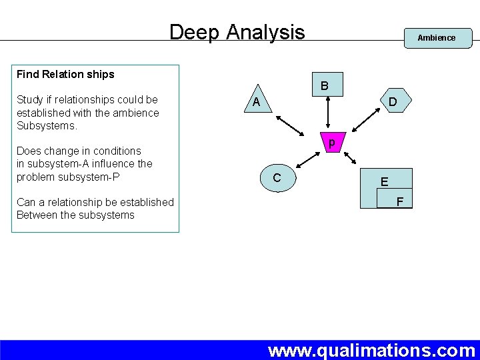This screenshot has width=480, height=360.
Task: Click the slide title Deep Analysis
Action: point(237,32)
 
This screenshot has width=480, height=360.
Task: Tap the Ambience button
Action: point(436,38)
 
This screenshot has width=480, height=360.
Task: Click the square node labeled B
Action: point(324,86)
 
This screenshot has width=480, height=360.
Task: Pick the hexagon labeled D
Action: point(393,102)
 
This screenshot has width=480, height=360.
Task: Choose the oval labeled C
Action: point(277,178)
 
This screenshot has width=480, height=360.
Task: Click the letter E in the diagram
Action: point(385,181)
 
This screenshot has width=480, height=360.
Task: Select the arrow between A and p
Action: point(289,127)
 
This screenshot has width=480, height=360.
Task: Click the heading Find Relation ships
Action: point(65,75)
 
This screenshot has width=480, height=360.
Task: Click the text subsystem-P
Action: point(89,177)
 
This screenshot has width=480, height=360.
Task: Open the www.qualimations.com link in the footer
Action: point(371,350)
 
